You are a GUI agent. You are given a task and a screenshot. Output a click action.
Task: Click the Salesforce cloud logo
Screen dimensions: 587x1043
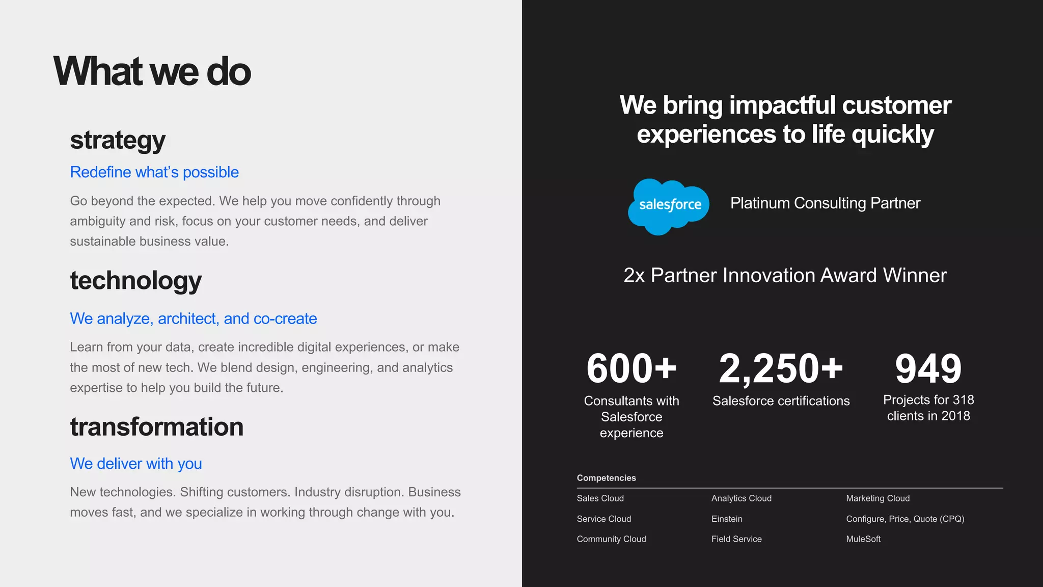click(669, 206)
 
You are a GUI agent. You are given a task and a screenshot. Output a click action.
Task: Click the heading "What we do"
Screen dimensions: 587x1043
click(152, 71)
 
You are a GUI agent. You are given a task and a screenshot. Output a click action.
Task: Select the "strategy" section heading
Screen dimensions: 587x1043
click(118, 140)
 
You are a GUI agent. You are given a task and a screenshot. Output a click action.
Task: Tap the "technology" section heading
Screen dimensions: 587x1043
click(136, 280)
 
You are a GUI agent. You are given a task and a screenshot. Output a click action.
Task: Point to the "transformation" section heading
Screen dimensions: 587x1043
click(157, 426)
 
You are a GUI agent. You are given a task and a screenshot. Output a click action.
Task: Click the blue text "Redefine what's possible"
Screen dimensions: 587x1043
click(154, 172)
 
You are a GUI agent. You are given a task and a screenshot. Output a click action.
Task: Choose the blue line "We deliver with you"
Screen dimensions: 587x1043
click(136, 464)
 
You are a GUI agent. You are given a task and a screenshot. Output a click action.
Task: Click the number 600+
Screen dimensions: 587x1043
click(632, 368)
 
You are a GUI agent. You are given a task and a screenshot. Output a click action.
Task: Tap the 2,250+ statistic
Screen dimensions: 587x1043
click(781, 368)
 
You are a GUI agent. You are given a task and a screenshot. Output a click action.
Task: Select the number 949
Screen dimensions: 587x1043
click(928, 368)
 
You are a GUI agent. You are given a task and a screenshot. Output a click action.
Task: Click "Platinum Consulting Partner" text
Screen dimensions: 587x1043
click(825, 203)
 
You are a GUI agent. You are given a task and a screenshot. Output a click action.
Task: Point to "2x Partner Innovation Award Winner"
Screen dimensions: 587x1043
click(785, 276)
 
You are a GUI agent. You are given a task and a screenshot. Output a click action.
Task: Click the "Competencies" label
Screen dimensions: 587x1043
click(606, 478)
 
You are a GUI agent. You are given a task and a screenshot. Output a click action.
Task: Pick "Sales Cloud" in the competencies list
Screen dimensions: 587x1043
click(600, 498)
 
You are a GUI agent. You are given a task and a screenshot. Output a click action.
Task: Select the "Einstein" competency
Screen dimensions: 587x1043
click(727, 519)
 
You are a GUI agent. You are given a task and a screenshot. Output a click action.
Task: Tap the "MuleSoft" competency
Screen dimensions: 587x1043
click(863, 539)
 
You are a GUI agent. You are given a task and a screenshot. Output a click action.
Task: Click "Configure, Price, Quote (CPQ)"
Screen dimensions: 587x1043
click(905, 519)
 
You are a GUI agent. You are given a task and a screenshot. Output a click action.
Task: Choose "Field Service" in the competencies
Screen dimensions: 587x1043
click(736, 539)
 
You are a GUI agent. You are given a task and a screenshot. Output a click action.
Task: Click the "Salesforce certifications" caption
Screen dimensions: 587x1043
click(781, 401)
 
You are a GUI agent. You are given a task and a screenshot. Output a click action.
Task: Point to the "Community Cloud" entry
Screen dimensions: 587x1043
click(611, 539)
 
